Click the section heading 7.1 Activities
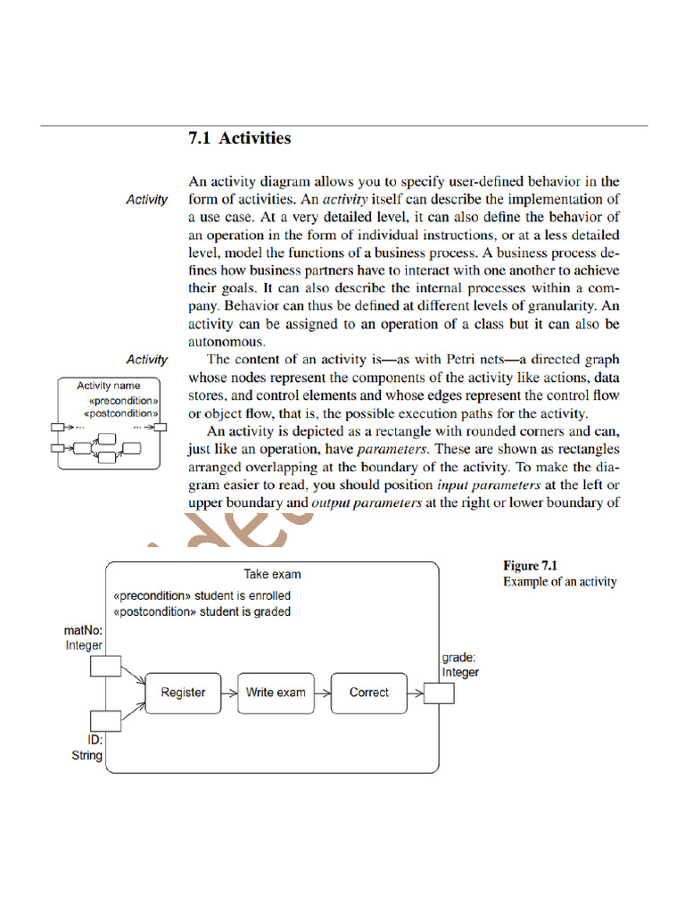(239, 138)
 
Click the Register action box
(183, 693)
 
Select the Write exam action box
(276, 693)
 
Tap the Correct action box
(368, 693)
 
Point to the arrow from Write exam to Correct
(320, 693)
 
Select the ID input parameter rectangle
(106, 720)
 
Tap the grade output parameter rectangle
(439, 693)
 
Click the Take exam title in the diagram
(272, 575)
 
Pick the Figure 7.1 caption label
(533, 566)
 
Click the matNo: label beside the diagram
(84, 631)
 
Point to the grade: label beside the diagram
(458, 659)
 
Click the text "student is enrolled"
(244, 595)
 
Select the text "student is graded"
(245, 612)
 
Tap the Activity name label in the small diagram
(108, 386)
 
